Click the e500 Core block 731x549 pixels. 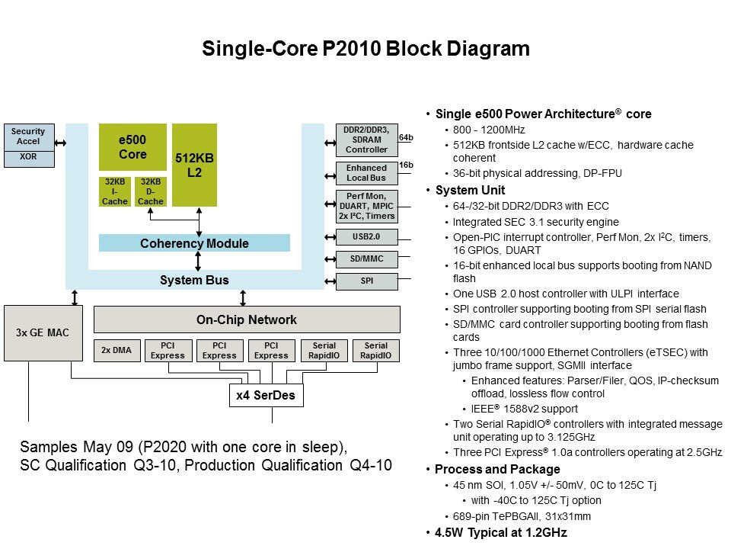[x=132, y=147]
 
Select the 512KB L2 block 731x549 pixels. [x=194, y=165]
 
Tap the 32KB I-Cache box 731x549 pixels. [x=114, y=191]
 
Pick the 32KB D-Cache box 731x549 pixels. [x=150, y=191]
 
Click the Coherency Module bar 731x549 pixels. [x=194, y=243]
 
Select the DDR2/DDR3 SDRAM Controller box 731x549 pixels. [x=366, y=140]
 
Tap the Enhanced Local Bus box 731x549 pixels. [x=366, y=173]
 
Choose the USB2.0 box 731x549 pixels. [x=366, y=237]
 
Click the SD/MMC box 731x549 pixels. [x=366, y=259]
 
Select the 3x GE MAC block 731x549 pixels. [x=43, y=333]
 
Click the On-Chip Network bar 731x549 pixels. [x=247, y=319]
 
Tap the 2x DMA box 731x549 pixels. [x=116, y=351]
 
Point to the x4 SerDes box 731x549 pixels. [x=266, y=396]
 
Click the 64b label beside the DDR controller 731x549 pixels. [x=406, y=138]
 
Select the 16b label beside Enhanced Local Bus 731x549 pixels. [x=406, y=165]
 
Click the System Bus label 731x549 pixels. [x=194, y=281]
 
